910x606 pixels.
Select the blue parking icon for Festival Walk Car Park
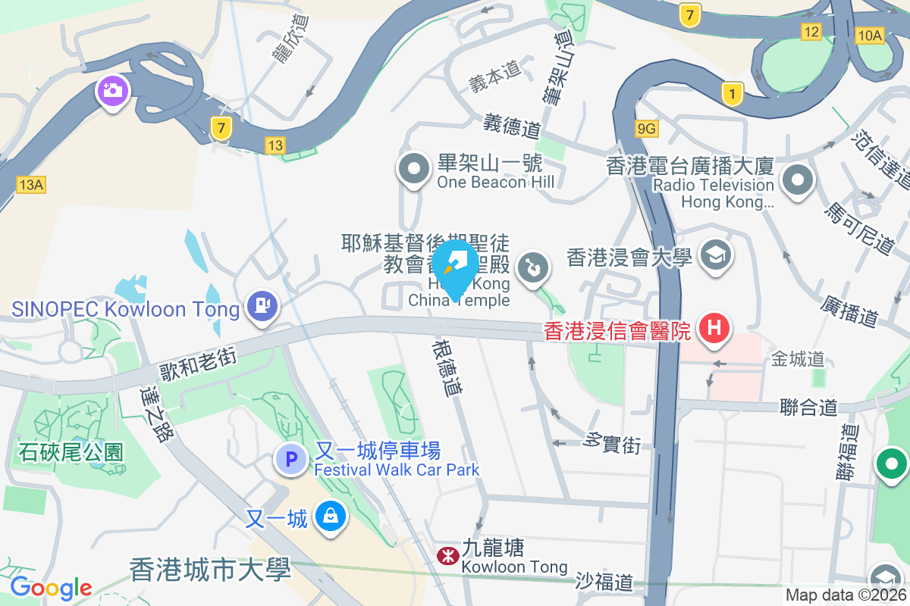pos(290,459)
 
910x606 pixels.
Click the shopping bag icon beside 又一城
pos(330,517)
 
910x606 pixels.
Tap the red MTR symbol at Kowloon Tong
pos(447,556)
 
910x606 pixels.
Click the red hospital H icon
pos(714,329)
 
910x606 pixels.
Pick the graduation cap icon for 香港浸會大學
pos(714,256)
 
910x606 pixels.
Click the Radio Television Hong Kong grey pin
pos(798,181)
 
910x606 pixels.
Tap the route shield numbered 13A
pos(31,184)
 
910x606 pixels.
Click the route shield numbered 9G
pos(647,129)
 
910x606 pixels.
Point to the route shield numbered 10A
pos(869,35)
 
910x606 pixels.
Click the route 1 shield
pos(731,94)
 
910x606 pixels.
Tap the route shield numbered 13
pos(275,144)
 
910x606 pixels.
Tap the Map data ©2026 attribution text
pos(846,595)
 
